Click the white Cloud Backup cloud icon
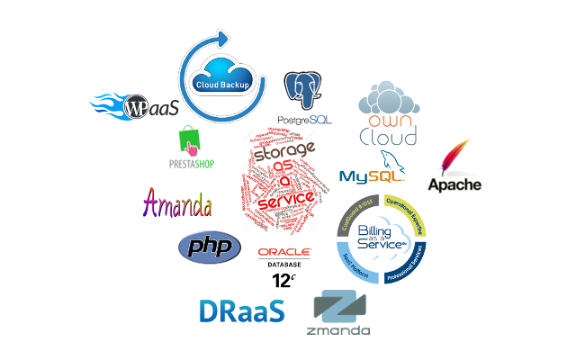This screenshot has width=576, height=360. click(x=221, y=81)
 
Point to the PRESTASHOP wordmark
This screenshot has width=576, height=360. click(x=191, y=165)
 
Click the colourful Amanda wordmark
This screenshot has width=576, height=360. click(x=177, y=202)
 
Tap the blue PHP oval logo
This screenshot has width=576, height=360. click(x=210, y=246)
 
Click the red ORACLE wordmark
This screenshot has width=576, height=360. click(x=284, y=253)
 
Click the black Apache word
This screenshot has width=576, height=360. click(x=454, y=185)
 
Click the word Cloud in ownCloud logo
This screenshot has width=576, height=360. click(x=388, y=137)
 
